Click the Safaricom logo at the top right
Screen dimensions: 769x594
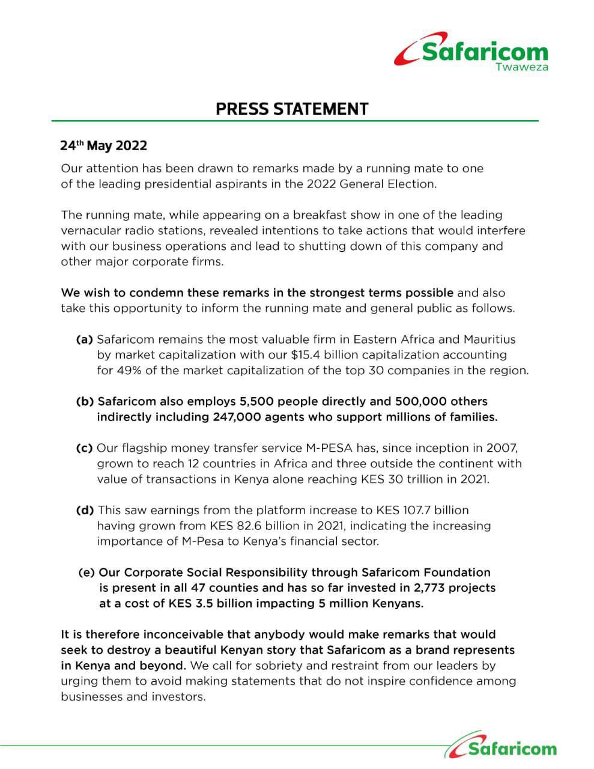(471, 53)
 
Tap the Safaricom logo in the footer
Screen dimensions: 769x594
(502, 747)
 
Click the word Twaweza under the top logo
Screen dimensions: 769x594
(521, 67)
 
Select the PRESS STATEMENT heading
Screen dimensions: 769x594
(292, 109)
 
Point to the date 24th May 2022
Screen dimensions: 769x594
(103, 146)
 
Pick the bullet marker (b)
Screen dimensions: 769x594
(85, 401)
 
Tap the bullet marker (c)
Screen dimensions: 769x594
(84, 448)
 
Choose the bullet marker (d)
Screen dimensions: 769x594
(85, 510)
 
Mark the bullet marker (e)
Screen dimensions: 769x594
(86, 573)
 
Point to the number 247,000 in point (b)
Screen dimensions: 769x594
(237, 417)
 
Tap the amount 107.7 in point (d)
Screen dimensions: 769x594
(414, 510)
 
